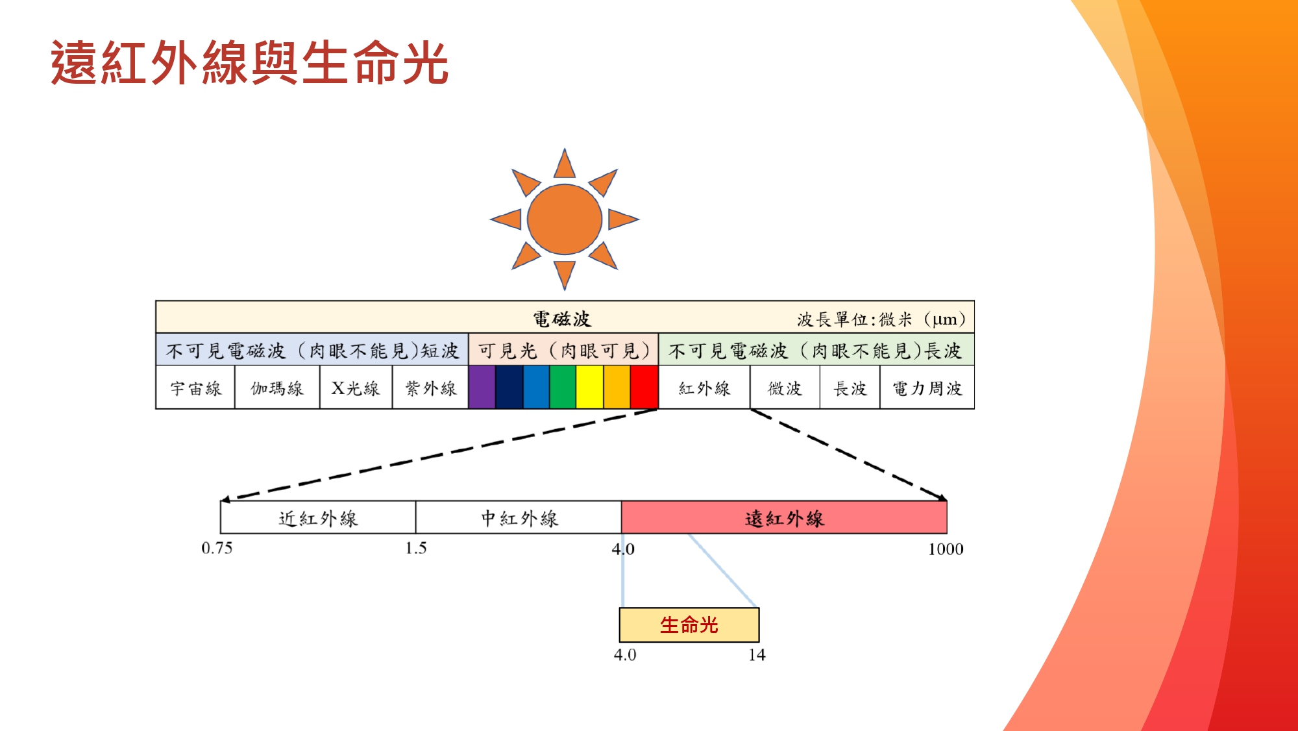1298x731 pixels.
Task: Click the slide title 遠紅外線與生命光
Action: coord(250,62)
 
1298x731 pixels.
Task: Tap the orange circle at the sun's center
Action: coord(565,219)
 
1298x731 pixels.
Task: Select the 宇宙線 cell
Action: coord(195,388)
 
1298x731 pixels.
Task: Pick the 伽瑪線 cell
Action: coord(277,388)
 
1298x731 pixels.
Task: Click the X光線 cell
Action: coord(356,388)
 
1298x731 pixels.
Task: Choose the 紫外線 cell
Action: coord(430,388)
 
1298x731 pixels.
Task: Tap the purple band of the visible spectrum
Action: coord(482,388)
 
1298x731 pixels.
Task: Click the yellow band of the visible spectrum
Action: coord(590,388)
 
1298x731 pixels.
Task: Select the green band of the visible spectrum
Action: coord(563,388)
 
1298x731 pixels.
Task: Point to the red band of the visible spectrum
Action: coord(644,388)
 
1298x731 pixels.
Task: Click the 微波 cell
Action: coord(785,388)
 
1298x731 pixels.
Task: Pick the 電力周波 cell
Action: coord(927,388)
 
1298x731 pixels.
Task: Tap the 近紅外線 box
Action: coord(318,517)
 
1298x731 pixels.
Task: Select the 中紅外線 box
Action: coord(519,517)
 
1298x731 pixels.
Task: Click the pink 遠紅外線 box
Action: coord(784,517)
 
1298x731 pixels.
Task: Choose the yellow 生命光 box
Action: coord(689,625)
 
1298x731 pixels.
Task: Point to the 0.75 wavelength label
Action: coord(217,548)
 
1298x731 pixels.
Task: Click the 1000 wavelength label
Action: coord(946,549)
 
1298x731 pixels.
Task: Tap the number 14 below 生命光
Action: coord(757,654)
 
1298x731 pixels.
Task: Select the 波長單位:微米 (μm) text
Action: coord(881,319)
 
